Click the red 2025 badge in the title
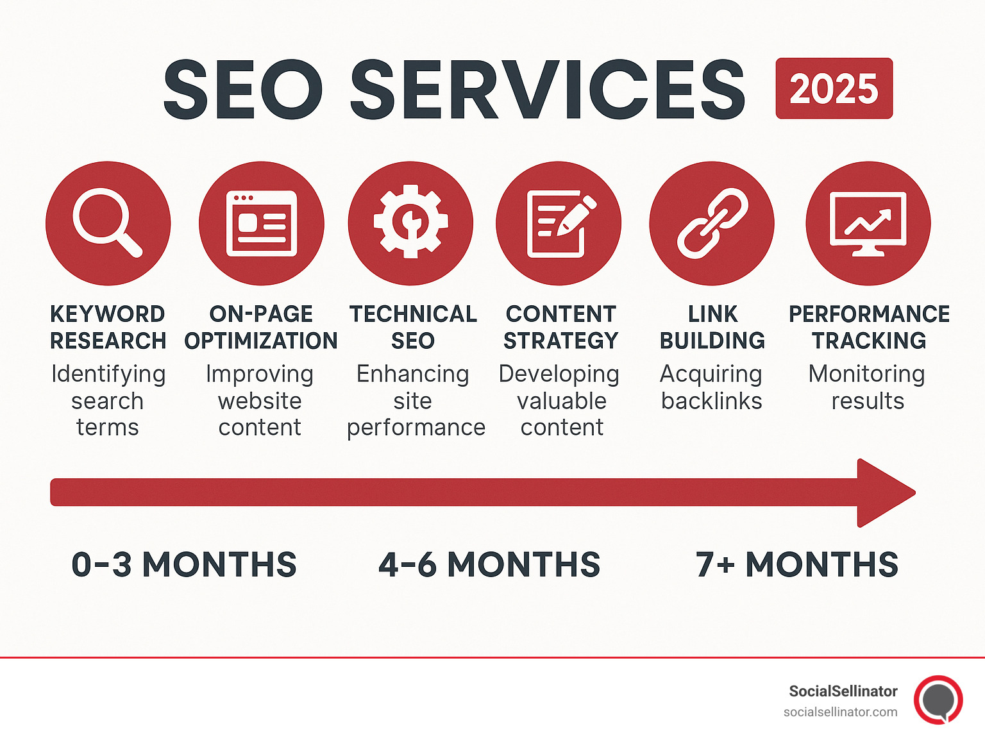pyautogui.click(x=834, y=88)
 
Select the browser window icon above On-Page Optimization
pyautogui.click(x=262, y=224)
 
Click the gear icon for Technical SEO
pyautogui.click(x=410, y=222)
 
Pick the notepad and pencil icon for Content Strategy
pyautogui.click(x=561, y=224)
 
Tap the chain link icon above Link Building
pyautogui.click(x=712, y=224)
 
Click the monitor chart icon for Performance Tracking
pyautogui.click(x=868, y=224)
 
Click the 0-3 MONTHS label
pyautogui.click(x=184, y=564)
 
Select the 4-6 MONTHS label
pyautogui.click(x=489, y=564)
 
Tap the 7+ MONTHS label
pyautogui.click(x=797, y=564)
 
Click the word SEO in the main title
pyautogui.click(x=243, y=89)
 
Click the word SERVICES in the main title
pyautogui.click(x=548, y=89)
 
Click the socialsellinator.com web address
pyautogui.click(x=841, y=712)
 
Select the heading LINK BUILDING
pyautogui.click(x=712, y=327)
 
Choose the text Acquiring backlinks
pyautogui.click(x=711, y=387)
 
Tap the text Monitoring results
pyautogui.click(x=867, y=387)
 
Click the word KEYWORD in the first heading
pyautogui.click(x=108, y=314)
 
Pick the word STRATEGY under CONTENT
pyautogui.click(x=561, y=341)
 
